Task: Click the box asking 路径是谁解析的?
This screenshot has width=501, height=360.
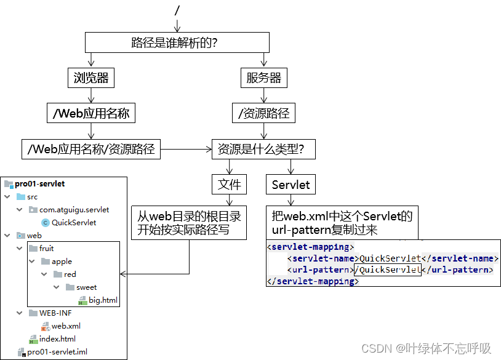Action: [x=177, y=43]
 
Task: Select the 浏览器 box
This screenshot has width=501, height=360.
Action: [x=91, y=78]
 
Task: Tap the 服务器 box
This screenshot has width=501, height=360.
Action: [x=263, y=78]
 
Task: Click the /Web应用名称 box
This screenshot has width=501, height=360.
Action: [x=91, y=113]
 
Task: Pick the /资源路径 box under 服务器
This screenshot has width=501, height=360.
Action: [x=263, y=113]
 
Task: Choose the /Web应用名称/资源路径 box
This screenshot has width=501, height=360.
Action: [x=91, y=149]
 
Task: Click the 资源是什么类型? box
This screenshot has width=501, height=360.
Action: [x=263, y=149]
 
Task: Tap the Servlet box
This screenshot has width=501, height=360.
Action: [x=291, y=184]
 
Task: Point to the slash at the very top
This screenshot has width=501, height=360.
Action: [x=177, y=10]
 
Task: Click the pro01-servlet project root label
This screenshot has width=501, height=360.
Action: [x=39, y=183]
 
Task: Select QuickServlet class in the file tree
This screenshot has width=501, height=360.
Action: [x=73, y=222]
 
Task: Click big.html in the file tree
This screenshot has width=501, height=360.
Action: [x=103, y=300]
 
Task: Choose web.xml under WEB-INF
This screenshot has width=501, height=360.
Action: [x=65, y=326]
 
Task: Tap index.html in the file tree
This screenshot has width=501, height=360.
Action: [x=57, y=338]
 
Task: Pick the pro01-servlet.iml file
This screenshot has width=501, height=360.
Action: [x=57, y=351]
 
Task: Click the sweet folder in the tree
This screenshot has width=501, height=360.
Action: [x=86, y=287]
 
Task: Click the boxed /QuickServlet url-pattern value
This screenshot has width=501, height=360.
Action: [x=388, y=270]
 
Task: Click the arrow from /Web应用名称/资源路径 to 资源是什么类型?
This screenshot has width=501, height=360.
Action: [x=186, y=149]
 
